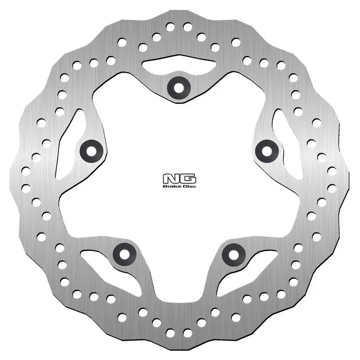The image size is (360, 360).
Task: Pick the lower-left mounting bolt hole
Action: [123, 253]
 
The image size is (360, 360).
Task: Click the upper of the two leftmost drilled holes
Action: [26, 170]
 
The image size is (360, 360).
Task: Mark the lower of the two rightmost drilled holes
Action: [333, 188]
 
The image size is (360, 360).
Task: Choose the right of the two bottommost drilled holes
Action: [187, 333]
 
